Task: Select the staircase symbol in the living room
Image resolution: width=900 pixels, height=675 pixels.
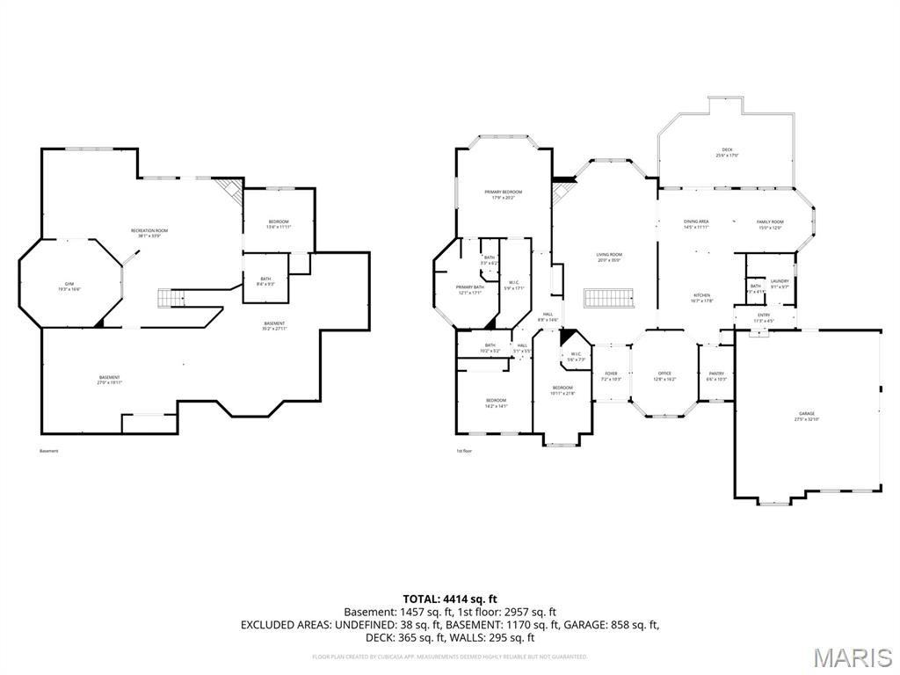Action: pos(610,297)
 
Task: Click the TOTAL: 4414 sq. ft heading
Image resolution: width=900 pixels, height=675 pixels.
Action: pos(449,599)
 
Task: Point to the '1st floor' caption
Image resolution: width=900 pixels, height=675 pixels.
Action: pos(464,451)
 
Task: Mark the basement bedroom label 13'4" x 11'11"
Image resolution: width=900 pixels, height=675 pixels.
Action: pos(278,223)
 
